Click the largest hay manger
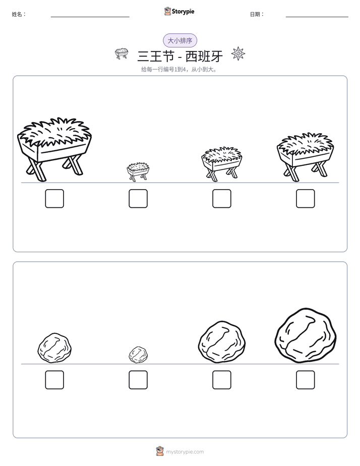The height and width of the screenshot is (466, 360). (54, 149)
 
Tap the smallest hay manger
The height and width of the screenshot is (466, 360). (138, 171)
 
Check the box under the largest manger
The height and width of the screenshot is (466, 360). (54, 199)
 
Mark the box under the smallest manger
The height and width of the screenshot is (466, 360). (138, 199)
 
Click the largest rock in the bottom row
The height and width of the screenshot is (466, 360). (306, 335)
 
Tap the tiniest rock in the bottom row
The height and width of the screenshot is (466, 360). (138, 354)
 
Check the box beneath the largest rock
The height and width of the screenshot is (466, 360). (306, 380)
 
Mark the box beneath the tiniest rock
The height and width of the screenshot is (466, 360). (138, 380)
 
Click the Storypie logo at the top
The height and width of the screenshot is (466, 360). (179, 11)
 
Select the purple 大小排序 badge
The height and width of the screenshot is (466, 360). (180, 40)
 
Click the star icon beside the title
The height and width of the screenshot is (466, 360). (238, 53)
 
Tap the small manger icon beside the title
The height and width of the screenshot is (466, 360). (122, 53)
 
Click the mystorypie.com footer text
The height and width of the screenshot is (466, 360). (185, 452)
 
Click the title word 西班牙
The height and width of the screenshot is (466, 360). (204, 56)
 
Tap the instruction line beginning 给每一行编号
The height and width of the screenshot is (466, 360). (179, 70)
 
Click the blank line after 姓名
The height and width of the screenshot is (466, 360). (90, 17)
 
